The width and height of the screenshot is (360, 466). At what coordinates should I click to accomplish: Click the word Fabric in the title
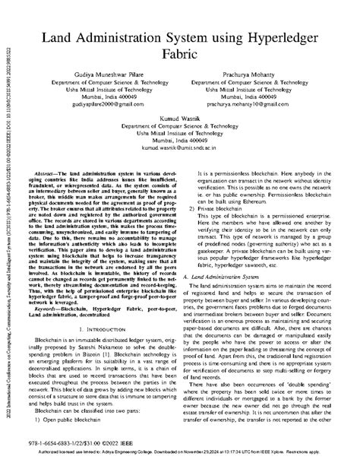[179, 55]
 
